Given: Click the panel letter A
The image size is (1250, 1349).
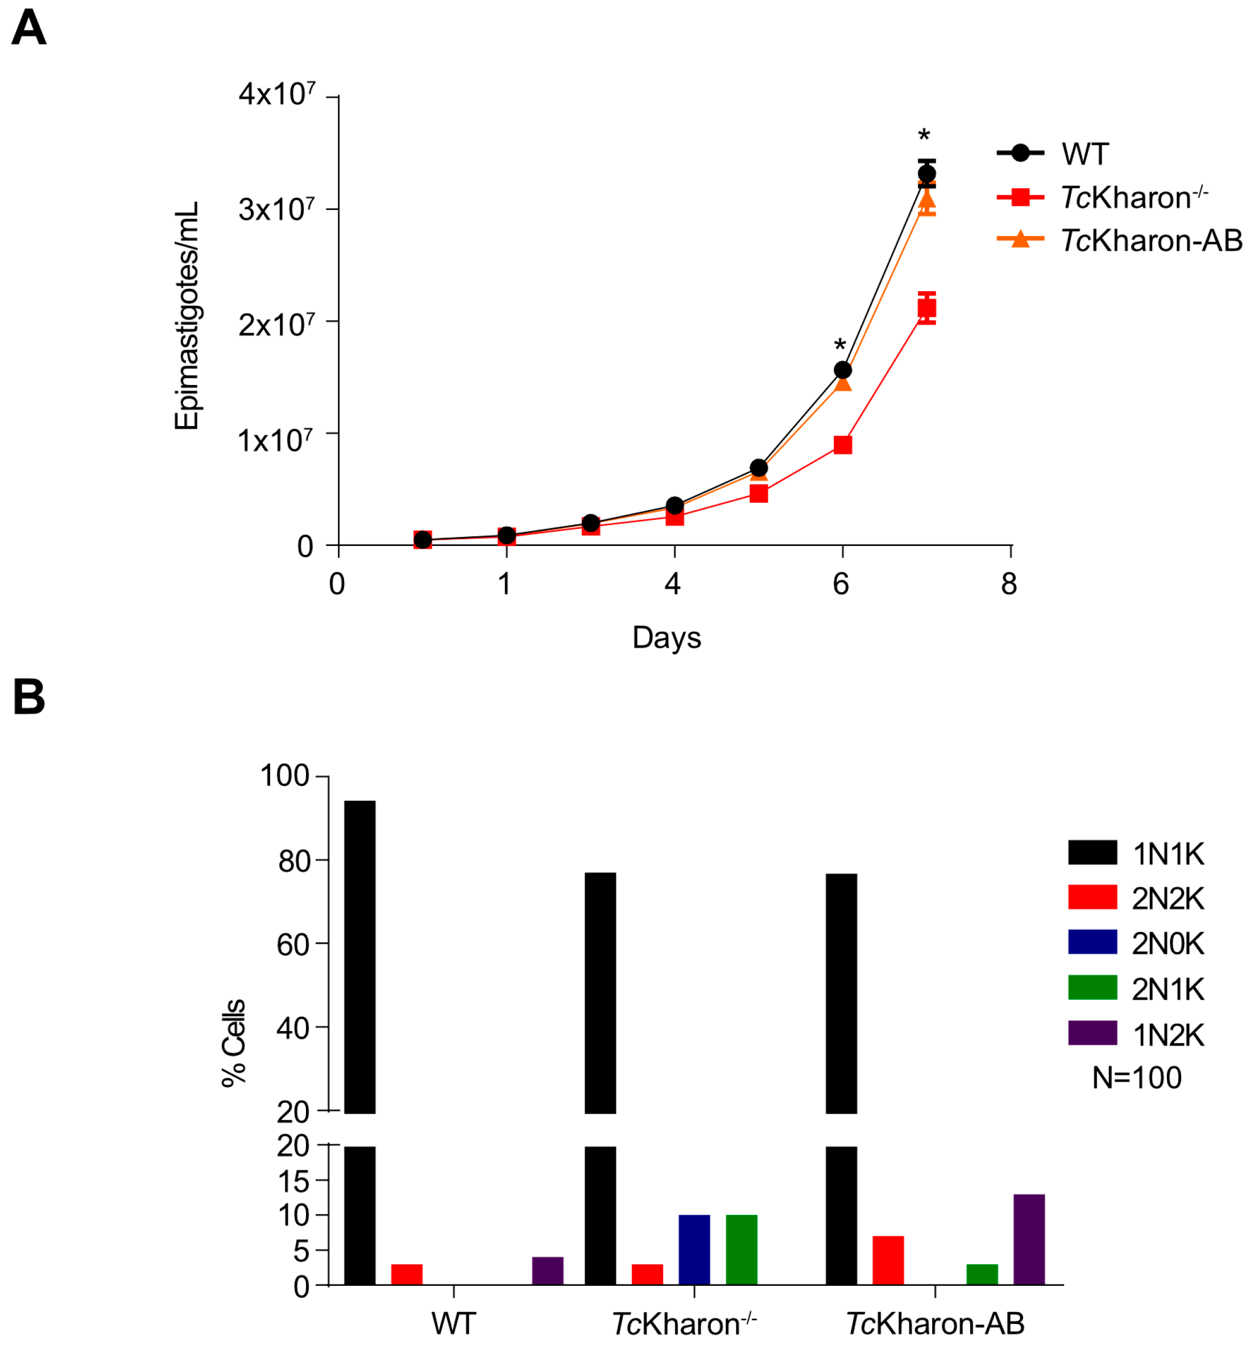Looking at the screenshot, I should point(28,28).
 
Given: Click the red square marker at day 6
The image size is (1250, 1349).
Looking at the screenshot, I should point(842,445).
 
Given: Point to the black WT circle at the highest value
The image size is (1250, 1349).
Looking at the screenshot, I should point(926,174).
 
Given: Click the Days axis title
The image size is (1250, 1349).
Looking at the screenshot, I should point(667,638).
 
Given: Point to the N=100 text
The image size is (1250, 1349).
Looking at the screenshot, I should point(1136,1077).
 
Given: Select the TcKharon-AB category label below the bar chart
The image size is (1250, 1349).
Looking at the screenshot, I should point(935,1324).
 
